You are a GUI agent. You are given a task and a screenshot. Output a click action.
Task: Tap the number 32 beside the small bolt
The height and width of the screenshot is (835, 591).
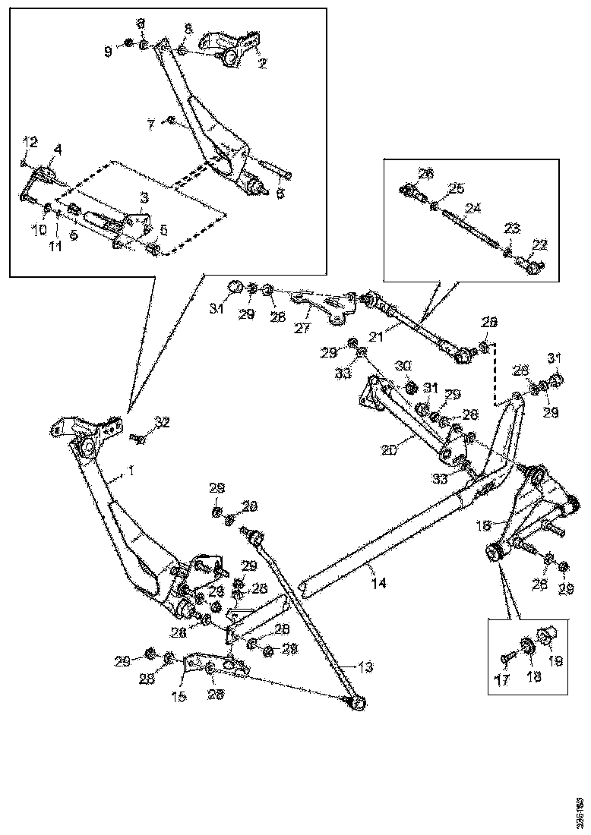pyautogui.click(x=162, y=422)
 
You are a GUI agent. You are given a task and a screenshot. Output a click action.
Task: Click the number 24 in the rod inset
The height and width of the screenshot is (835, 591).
pyautogui.click(x=473, y=206)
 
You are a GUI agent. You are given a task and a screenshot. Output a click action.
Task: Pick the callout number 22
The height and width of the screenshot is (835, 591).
pyautogui.click(x=539, y=244)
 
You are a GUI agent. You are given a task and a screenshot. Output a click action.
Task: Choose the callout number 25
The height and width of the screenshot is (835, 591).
pyautogui.click(x=455, y=187)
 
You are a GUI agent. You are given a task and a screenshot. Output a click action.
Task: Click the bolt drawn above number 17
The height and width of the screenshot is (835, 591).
pyautogui.click(x=504, y=658)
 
